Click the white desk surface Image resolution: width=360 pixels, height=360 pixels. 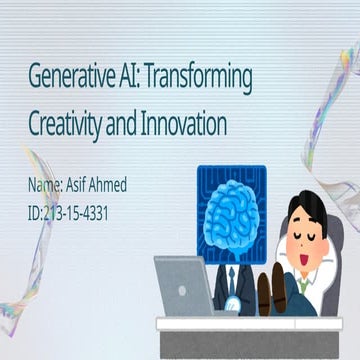(x=250, y=321)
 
